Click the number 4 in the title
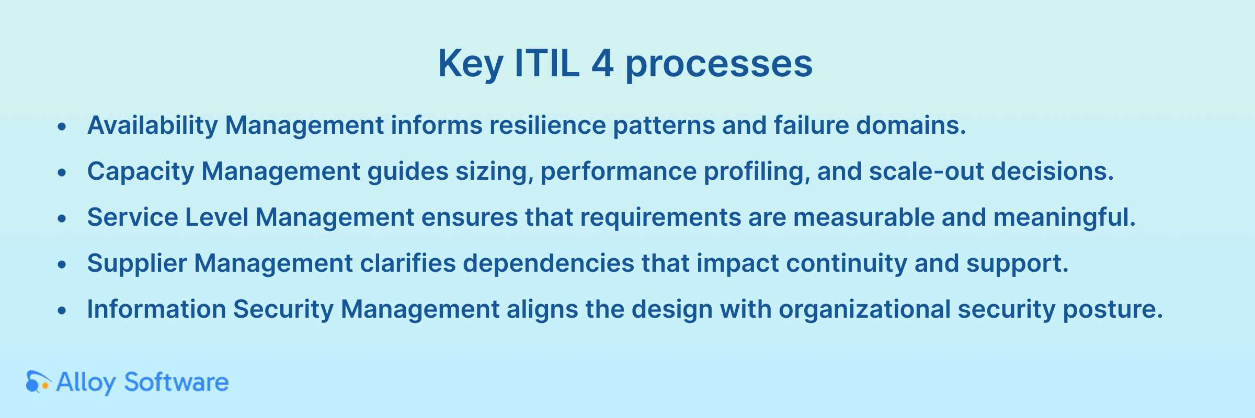click(602, 63)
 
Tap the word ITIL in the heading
click(547, 63)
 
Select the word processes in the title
click(719, 65)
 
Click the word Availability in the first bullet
click(152, 125)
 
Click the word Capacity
click(140, 172)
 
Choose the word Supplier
click(137, 264)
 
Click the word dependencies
click(549, 263)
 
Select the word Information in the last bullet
click(156, 309)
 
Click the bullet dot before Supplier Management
click(62, 265)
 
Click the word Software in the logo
click(176, 382)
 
